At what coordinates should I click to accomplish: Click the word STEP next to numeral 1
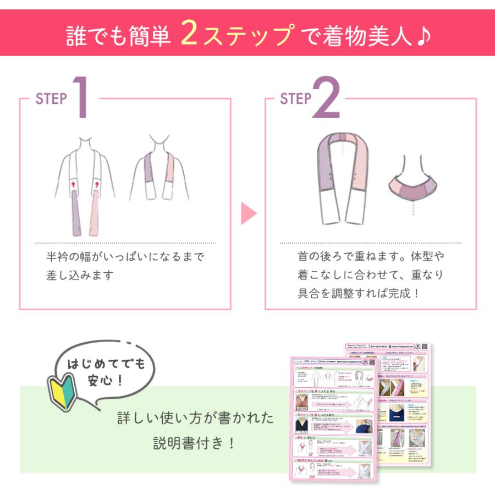51,99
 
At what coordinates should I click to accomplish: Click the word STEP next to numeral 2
296,99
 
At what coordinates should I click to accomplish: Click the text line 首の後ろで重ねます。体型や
370,257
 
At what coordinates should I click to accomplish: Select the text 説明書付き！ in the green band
196,443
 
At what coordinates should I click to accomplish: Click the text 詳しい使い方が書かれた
196,418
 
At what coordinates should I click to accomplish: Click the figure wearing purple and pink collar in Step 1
159,170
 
